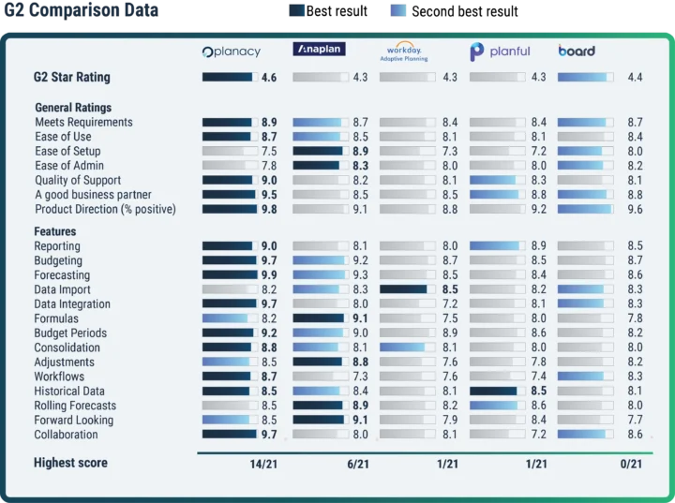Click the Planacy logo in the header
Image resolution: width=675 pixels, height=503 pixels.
232,52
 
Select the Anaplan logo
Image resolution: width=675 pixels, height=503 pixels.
321,51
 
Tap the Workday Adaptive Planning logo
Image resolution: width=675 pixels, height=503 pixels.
404,52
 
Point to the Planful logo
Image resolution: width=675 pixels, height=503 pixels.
500,52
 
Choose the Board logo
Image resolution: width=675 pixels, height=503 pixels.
577,51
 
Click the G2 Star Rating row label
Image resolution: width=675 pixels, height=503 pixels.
71,77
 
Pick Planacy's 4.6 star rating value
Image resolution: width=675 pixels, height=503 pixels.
269,77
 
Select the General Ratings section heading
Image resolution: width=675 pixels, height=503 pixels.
73,108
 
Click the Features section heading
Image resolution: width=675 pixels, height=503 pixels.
55,231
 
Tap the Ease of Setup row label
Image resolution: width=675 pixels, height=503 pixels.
67,151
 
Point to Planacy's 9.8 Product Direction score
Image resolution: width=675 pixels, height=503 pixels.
269,210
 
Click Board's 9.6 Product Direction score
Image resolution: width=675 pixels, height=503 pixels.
635,210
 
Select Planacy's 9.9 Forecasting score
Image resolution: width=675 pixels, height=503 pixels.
269,275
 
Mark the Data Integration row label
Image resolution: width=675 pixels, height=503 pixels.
72,304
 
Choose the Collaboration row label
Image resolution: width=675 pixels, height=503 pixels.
66,435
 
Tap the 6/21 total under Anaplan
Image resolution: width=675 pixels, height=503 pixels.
356,464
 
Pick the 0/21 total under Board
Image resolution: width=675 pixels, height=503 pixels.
631,464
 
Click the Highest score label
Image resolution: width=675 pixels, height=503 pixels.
70,463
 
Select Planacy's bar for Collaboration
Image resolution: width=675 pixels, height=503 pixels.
230,435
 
